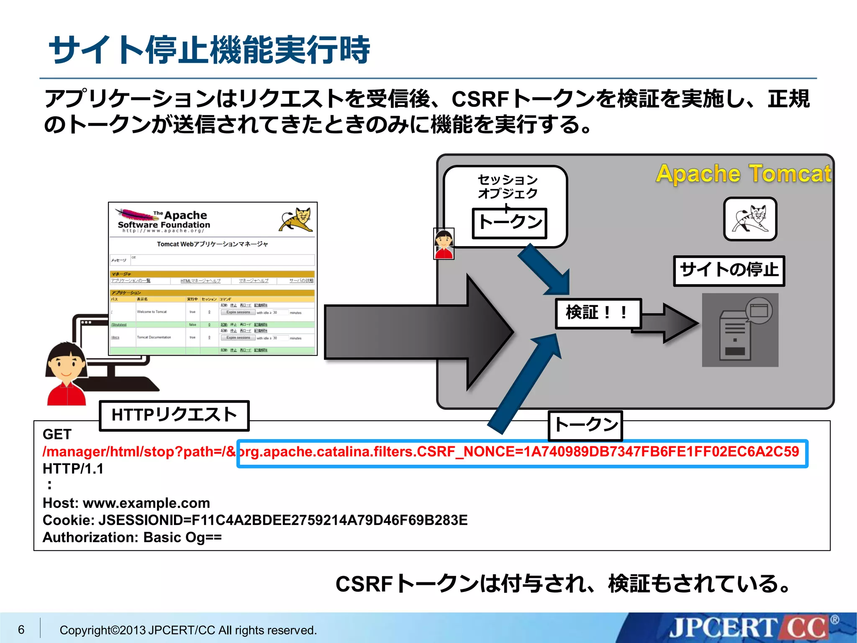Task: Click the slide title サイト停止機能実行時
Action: [x=209, y=50]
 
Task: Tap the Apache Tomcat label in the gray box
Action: [x=743, y=174]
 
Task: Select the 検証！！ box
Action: [x=598, y=313]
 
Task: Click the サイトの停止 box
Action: [x=729, y=270]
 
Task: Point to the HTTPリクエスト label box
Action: [x=174, y=415]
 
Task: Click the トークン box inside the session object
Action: [x=509, y=223]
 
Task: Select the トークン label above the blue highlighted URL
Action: [x=585, y=425]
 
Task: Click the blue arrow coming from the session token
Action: [x=544, y=270]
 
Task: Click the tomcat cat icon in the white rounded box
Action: [x=750, y=219]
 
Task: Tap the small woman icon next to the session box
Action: [x=444, y=244]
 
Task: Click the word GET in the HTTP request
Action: [x=57, y=434]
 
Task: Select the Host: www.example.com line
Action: [x=126, y=503]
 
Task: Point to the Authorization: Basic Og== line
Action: [x=132, y=537]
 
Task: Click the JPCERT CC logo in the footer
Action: [x=749, y=628]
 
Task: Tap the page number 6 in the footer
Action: [x=21, y=629]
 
